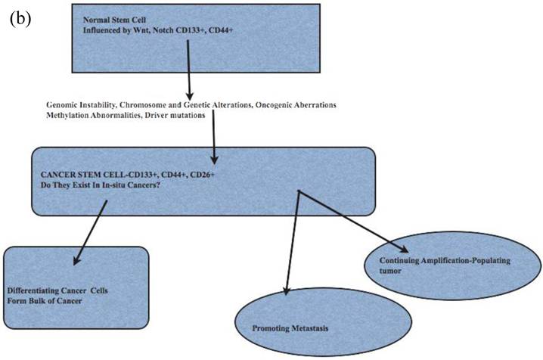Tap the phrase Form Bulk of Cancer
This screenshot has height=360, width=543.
43,301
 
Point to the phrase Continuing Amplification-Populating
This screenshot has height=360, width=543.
439,260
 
